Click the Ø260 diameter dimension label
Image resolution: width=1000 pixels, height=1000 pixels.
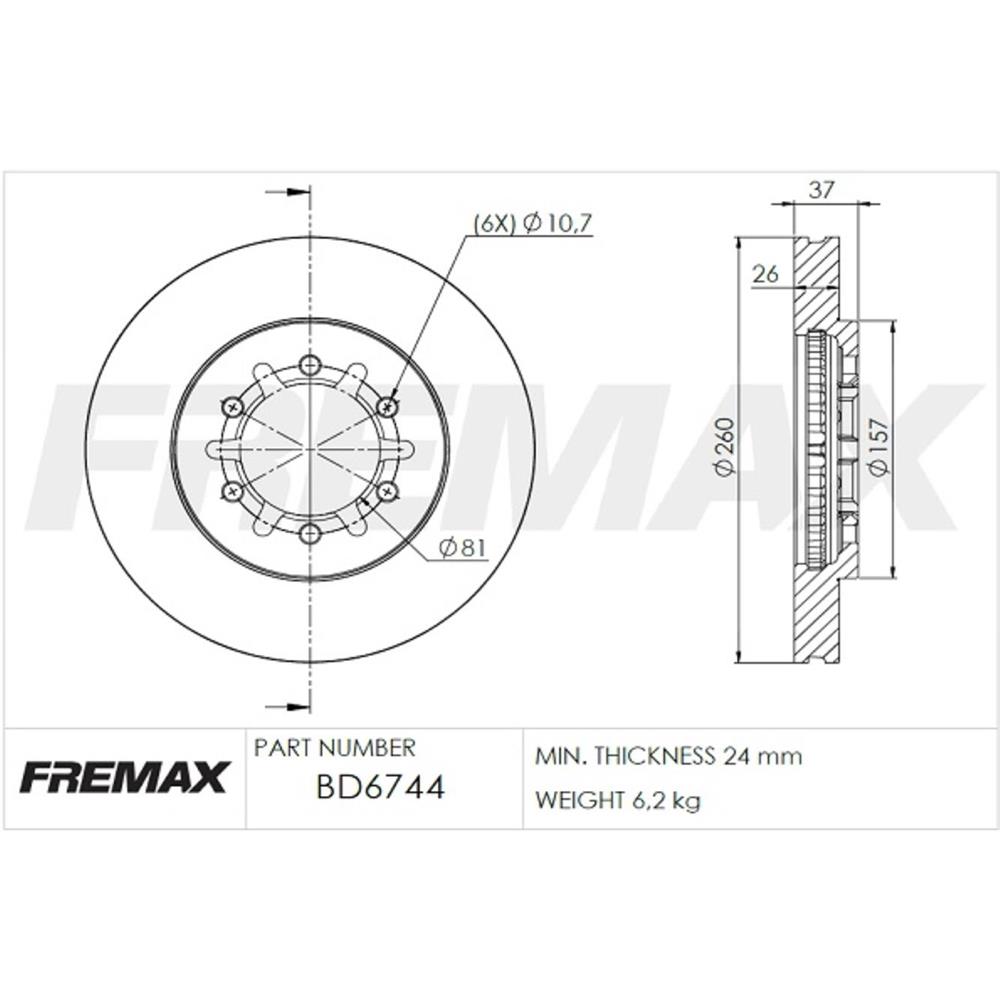click(726, 446)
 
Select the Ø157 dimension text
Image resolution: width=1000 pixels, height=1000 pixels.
click(879, 446)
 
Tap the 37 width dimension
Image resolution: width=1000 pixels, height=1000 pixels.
click(821, 190)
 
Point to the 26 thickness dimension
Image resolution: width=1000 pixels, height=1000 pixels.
click(765, 274)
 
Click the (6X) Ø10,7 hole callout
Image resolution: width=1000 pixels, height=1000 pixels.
click(533, 223)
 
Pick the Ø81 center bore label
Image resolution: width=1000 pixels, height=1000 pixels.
click(463, 547)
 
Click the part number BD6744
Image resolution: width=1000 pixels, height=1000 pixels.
click(380, 787)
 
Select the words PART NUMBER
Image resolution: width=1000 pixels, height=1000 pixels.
click(334, 747)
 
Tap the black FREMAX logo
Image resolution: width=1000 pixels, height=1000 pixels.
click(124, 777)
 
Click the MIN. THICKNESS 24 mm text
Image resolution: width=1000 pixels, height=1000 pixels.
click(668, 756)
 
